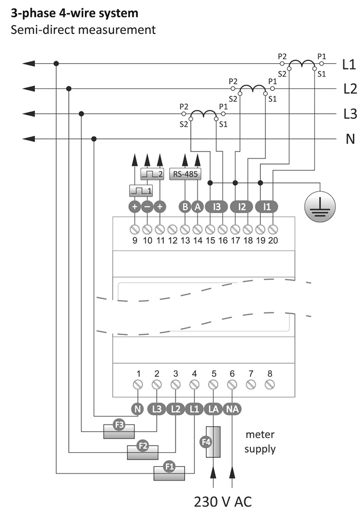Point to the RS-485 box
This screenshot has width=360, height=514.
(x=185, y=173)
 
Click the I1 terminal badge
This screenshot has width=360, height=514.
(x=266, y=207)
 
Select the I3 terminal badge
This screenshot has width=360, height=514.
(x=217, y=207)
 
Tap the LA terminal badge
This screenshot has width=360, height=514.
(x=213, y=409)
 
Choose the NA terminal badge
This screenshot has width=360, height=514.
(x=231, y=409)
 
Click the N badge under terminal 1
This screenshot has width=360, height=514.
(x=137, y=409)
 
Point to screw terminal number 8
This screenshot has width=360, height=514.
(x=269, y=384)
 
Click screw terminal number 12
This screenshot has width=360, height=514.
(x=173, y=228)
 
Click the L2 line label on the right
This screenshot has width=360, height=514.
(x=350, y=89)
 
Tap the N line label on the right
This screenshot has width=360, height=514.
(x=350, y=139)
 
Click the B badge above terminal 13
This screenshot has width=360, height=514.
(x=185, y=207)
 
